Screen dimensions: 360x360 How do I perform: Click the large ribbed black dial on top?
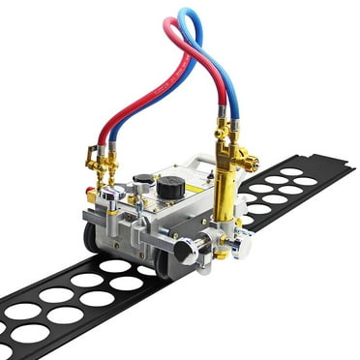tap(171, 187)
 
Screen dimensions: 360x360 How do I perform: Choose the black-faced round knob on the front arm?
tap(185, 253)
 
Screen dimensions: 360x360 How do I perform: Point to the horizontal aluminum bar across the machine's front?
tap(145, 232)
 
